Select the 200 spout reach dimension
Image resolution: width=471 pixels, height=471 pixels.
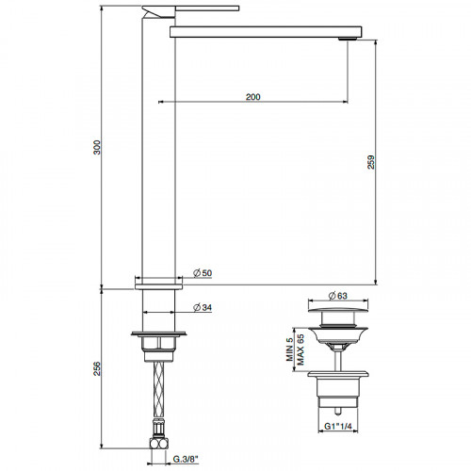[x=252, y=95]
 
